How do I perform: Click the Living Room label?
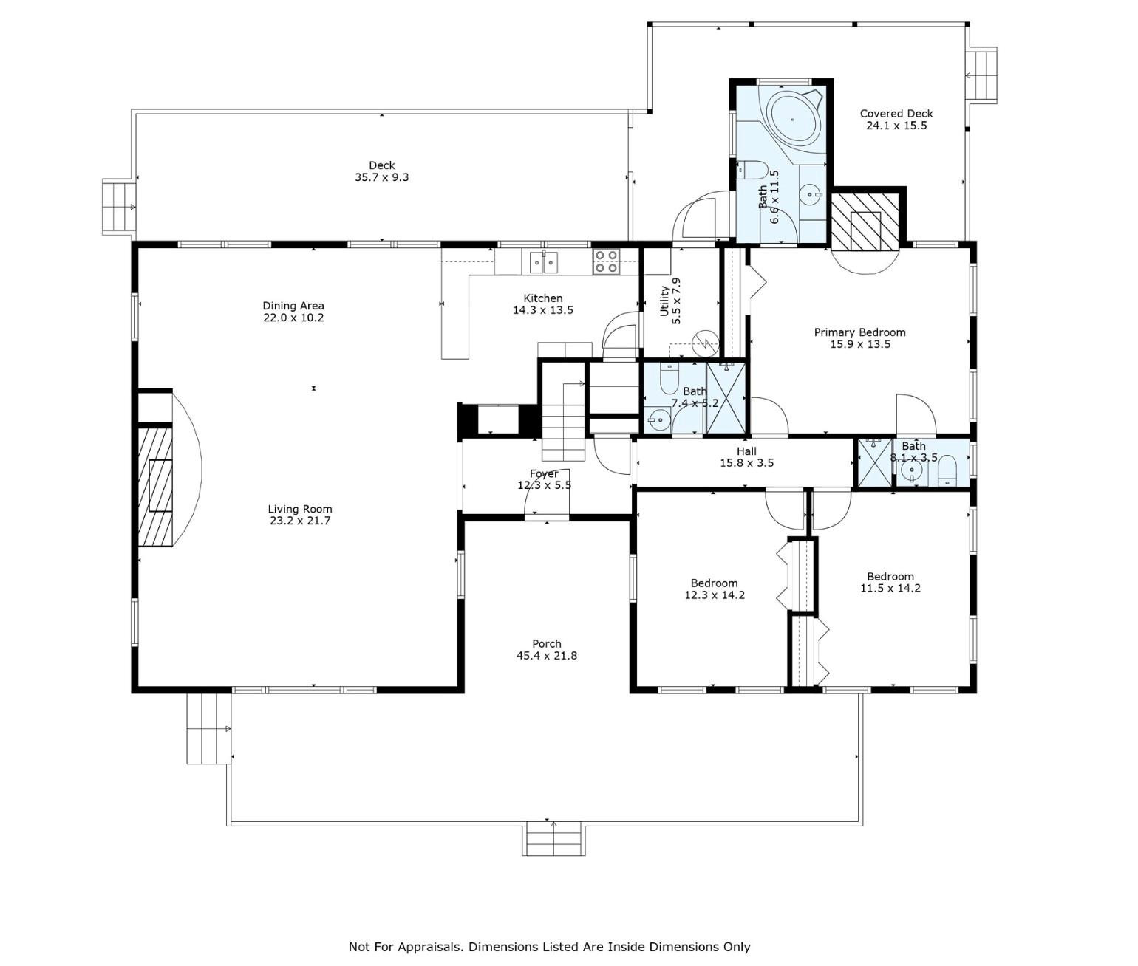click(299, 509)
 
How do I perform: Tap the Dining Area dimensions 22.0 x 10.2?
click(293, 318)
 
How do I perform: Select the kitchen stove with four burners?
click(607, 262)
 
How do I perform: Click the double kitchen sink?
click(544, 262)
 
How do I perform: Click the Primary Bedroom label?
click(859, 332)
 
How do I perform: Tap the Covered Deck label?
click(896, 114)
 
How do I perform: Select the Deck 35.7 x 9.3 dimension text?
click(381, 177)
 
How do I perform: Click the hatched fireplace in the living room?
click(156, 485)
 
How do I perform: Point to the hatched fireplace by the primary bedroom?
click(865, 220)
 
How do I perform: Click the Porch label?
click(546, 644)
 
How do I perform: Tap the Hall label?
click(746, 451)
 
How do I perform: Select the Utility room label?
click(665, 301)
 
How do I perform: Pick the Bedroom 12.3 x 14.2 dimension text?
click(714, 595)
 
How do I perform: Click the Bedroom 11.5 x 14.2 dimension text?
click(890, 589)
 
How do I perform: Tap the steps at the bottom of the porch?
click(554, 839)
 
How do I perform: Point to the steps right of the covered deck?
click(983, 75)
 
